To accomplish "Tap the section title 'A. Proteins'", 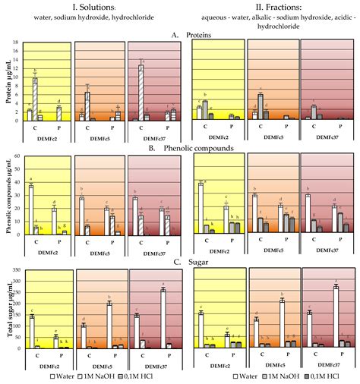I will (181, 33).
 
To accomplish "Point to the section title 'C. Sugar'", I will (181, 263).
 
